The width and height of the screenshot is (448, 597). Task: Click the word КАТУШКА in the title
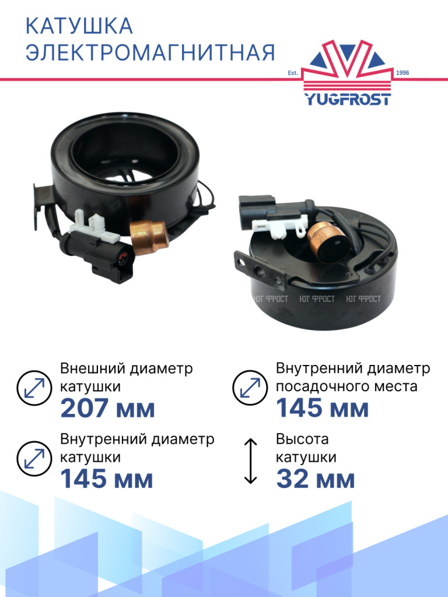pyautogui.click(x=79, y=26)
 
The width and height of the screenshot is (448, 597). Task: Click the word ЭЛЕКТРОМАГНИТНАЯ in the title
pyautogui.click(x=150, y=52)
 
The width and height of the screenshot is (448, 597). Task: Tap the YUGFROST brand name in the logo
pyautogui.click(x=348, y=99)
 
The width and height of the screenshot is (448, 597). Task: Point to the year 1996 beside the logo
pyautogui.click(x=402, y=73)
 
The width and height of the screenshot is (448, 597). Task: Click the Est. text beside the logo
pyautogui.click(x=293, y=73)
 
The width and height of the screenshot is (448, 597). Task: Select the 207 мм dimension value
pyautogui.click(x=108, y=408)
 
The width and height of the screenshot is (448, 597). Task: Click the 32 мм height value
pyautogui.click(x=316, y=479)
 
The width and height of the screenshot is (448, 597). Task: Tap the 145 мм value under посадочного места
pyautogui.click(x=322, y=408)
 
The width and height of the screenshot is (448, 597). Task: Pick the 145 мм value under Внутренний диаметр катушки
pyautogui.click(x=107, y=479)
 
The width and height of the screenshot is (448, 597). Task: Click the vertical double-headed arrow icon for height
pyautogui.click(x=250, y=461)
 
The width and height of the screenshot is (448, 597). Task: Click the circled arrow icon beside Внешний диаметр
pyautogui.click(x=34, y=388)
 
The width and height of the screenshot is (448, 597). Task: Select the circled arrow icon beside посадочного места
pyautogui.click(x=250, y=388)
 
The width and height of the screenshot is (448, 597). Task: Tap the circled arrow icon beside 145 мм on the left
pyautogui.click(x=34, y=459)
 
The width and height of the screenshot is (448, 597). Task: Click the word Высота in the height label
pyautogui.click(x=302, y=439)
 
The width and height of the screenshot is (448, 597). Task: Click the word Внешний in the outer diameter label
pyautogui.click(x=93, y=368)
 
